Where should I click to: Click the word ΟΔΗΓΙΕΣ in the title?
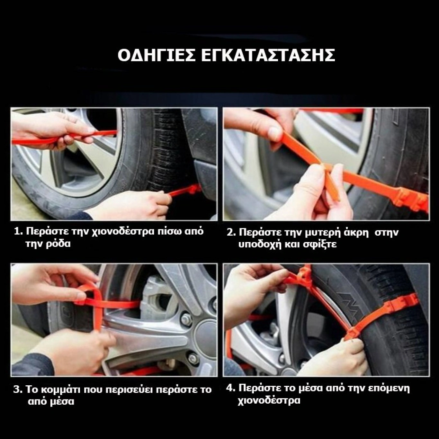tap(157, 55)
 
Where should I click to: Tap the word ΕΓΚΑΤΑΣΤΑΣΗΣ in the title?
tap(268, 55)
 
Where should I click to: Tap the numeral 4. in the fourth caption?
tap(231, 388)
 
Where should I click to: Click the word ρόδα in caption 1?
tap(58, 244)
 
